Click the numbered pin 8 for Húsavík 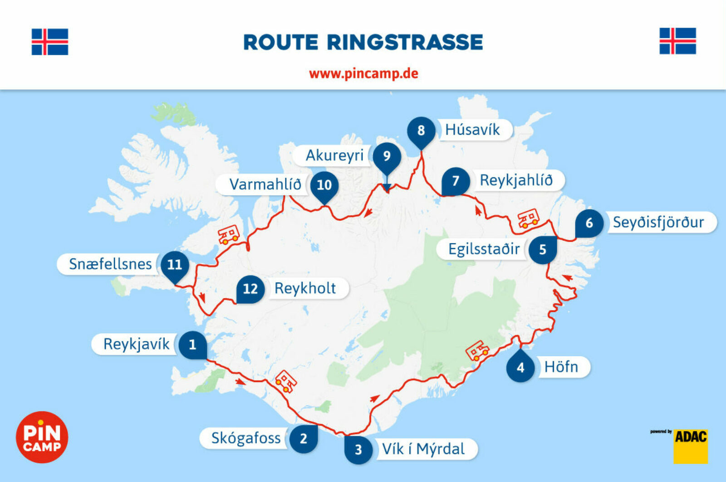click(x=421, y=131)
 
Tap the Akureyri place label click(x=334, y=156)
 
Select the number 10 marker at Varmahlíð click(x=324, y=185)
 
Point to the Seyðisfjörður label click(x=658, y=222)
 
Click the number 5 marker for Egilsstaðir click(x=543, y=249)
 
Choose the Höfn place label click(x=561, y=366)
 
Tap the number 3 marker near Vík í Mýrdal click(x=358, y=449)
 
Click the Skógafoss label click(x=246, y=438)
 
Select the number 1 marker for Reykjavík click(x=192, y=345)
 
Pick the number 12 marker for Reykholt click(x=250, y=289)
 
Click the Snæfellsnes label click(x=110, y=264)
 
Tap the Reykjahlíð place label click(x=516, y=180)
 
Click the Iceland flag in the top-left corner click(x=50, y=42)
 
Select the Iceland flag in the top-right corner click(x=677, y=41)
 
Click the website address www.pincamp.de click(x=363, y=73)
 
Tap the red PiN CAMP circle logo click(x=42, y=437)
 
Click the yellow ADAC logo click(x=690, y=446)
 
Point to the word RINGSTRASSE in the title click(x=405, y=42)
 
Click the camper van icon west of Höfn click(x=477, y=351)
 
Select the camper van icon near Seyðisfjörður click(x=528, y=219)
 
